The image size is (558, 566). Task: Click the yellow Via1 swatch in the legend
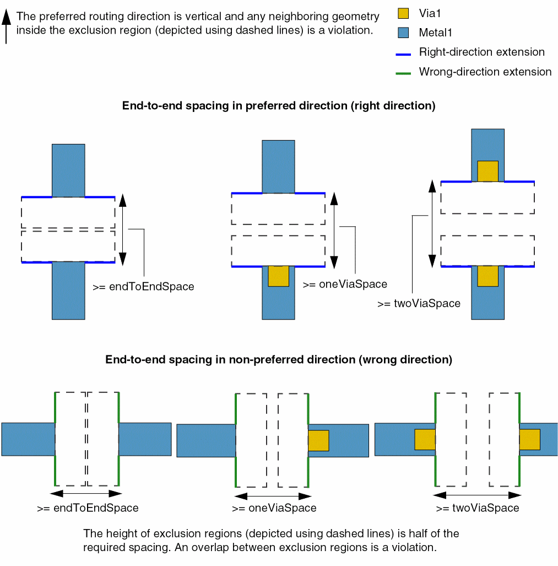click(x=404, y=14)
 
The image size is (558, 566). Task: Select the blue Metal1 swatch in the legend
click(x=404, y=33)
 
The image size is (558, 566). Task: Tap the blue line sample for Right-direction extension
click(x=404, y=54)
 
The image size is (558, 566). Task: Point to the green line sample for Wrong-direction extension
click(x=404, y=73)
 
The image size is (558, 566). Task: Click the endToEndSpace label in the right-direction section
click(x=143, y=287)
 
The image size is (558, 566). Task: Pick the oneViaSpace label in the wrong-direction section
click(x=274, y=508)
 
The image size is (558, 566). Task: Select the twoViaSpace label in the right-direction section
click(x=419, y=303)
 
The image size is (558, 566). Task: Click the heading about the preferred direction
click(x=279, y=106)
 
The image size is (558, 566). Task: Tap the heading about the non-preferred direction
click(x=279, y=360)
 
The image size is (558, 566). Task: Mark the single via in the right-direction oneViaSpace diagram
click(x=278, y=276)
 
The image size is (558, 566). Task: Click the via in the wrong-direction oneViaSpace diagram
click(x=318, y=440)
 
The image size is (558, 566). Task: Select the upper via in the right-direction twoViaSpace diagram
click(x=487, y=171)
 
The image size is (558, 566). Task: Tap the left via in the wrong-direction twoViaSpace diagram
click(x=425, y=440)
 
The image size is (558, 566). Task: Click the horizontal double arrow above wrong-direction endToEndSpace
click(x=85, y=493)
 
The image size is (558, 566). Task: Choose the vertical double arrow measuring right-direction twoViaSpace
click(x=432, y=223)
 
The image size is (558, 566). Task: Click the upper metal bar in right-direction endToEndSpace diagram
click(x=68, y=170)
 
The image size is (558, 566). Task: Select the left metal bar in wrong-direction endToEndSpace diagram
click(x=28, y=439)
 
